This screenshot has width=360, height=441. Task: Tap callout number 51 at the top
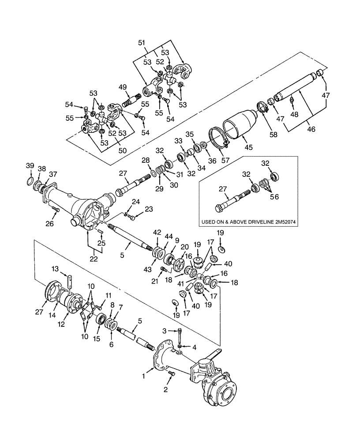pos(141,42)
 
